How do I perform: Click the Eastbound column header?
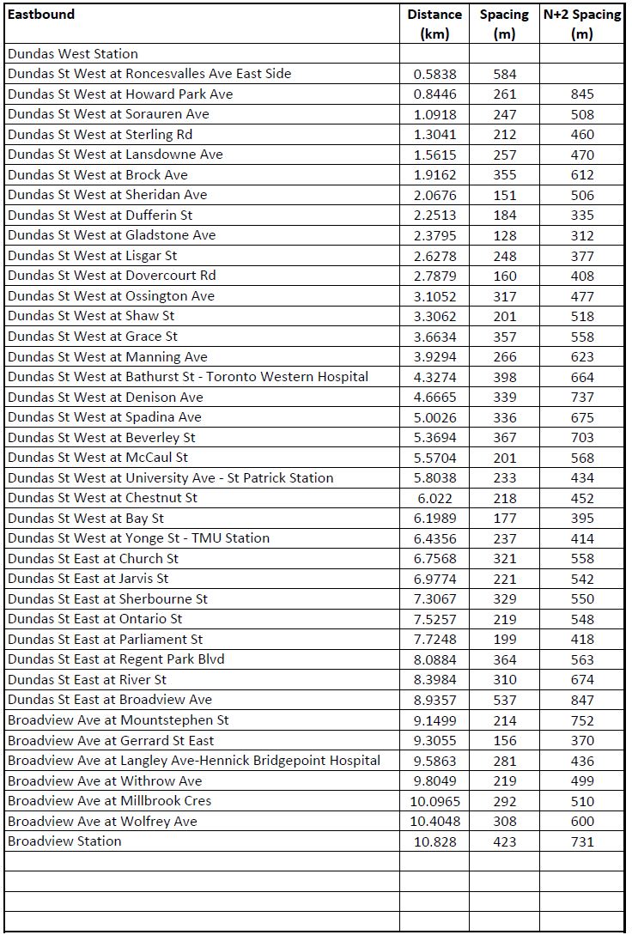(41, 14)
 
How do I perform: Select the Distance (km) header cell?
(434, 24)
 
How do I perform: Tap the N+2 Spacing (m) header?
(581, 24)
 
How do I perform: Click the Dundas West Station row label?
(73, 53)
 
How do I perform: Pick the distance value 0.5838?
(434, 74)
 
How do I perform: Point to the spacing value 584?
(505, 74)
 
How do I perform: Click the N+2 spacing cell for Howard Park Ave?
(581, 94)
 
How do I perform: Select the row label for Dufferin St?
(100, 215)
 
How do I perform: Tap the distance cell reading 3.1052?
(434, 296)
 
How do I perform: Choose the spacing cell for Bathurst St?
(505, 377)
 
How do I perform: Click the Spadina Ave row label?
(105, 417)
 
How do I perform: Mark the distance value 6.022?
(434, 498)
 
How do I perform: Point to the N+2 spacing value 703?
(581, 437)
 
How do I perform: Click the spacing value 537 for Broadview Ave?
(505, 700)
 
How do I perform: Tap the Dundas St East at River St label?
(87, 679)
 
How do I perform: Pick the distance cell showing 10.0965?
(434, 801)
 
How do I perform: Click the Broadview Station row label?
(64, 841)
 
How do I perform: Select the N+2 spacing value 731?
(581, 841)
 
